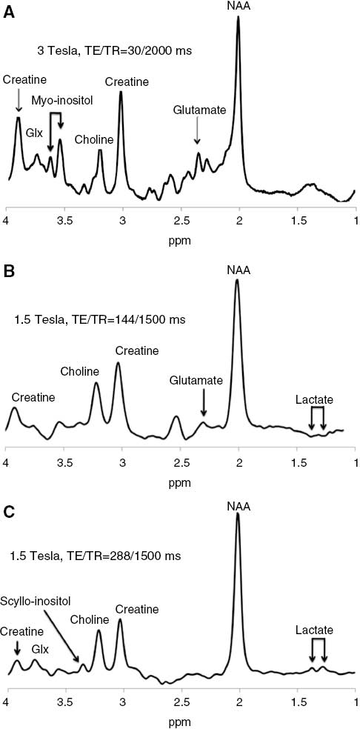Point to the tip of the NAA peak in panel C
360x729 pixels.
pos(238,513)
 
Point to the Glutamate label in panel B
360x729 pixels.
pos(198,380)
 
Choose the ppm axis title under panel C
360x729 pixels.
pos(181,720)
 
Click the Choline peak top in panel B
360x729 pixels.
pos(96,383)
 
